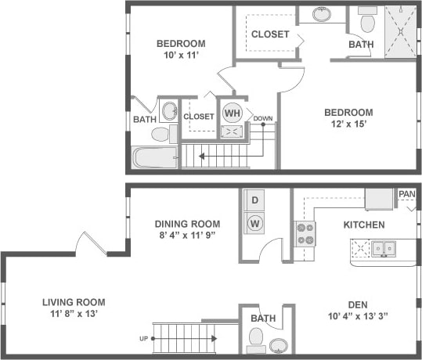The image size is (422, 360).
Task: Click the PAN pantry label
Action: coord(406,194)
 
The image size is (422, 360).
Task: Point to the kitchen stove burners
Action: coord(305,233)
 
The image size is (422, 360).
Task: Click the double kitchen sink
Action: coord(384,249)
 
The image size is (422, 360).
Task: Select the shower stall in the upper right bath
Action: coord(401,32)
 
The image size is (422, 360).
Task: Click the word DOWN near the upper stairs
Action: coord(263,120)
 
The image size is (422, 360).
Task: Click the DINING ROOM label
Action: coord(186,223)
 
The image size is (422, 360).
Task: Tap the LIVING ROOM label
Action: coord(74,302)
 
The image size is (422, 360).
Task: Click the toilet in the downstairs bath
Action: coord(255,338)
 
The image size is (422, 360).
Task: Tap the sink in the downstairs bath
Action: coord(277,344)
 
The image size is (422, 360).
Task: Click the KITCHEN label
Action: coord(363,225)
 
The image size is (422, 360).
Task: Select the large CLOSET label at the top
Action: coord(269,34)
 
